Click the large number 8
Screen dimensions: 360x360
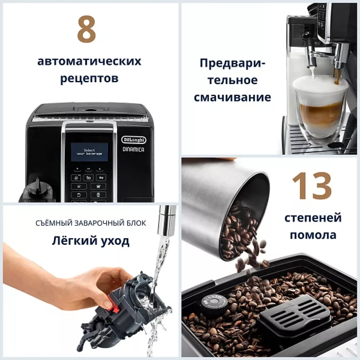(87, 31)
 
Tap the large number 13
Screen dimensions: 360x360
(311, 186)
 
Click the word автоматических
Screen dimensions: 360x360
(89, 62)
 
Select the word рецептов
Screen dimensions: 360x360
(89, 78)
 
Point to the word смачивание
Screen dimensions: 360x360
(232, 97)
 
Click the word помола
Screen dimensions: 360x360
(313, 235)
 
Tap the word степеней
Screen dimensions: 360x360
(313, 218)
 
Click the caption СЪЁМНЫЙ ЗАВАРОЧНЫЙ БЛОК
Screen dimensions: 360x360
(91, 223)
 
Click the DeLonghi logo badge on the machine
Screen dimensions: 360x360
(133, 140)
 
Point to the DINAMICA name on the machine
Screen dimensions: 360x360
(133, 150)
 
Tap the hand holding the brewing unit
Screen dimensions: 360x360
(72, 277)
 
